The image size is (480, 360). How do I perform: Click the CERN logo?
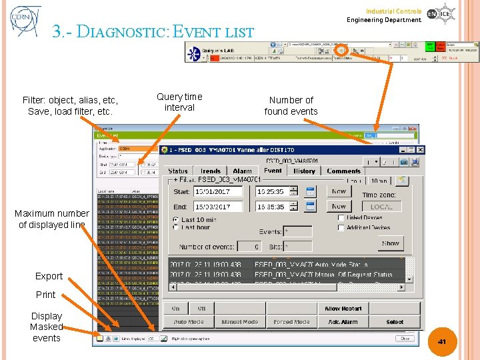(25, 21)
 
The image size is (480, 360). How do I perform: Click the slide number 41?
(441, 341)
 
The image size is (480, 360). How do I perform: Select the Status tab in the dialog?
(178, 171)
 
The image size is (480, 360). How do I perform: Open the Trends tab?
(211, 171)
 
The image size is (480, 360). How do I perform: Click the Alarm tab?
(242, 171)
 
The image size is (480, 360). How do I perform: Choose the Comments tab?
(344, 171)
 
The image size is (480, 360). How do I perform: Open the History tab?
(304, 171)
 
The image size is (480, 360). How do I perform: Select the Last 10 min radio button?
(176, 219)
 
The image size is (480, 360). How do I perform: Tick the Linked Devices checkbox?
(342, 218)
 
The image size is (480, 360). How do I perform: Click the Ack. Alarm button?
(343, 322)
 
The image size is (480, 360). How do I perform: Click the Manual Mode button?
(240, 322)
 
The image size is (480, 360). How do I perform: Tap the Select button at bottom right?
(395, 322)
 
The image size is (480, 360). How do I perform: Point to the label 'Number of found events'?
(291, 105)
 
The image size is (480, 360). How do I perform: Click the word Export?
(49, 276)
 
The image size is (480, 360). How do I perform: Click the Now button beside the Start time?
(339, 191)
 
